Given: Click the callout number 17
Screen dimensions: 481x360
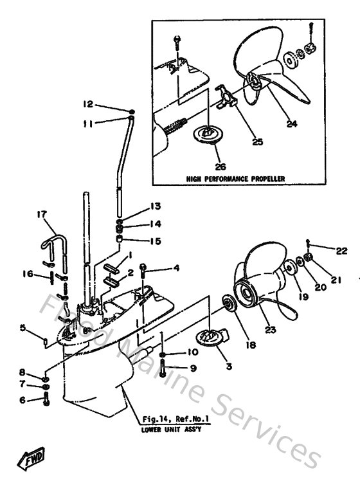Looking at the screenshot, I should point(42,215).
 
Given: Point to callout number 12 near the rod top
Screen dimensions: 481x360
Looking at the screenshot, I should point(88,104).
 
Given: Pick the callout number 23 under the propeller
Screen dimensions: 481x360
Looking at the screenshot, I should point(271,330).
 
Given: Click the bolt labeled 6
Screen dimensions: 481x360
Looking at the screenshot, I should point(46,400).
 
